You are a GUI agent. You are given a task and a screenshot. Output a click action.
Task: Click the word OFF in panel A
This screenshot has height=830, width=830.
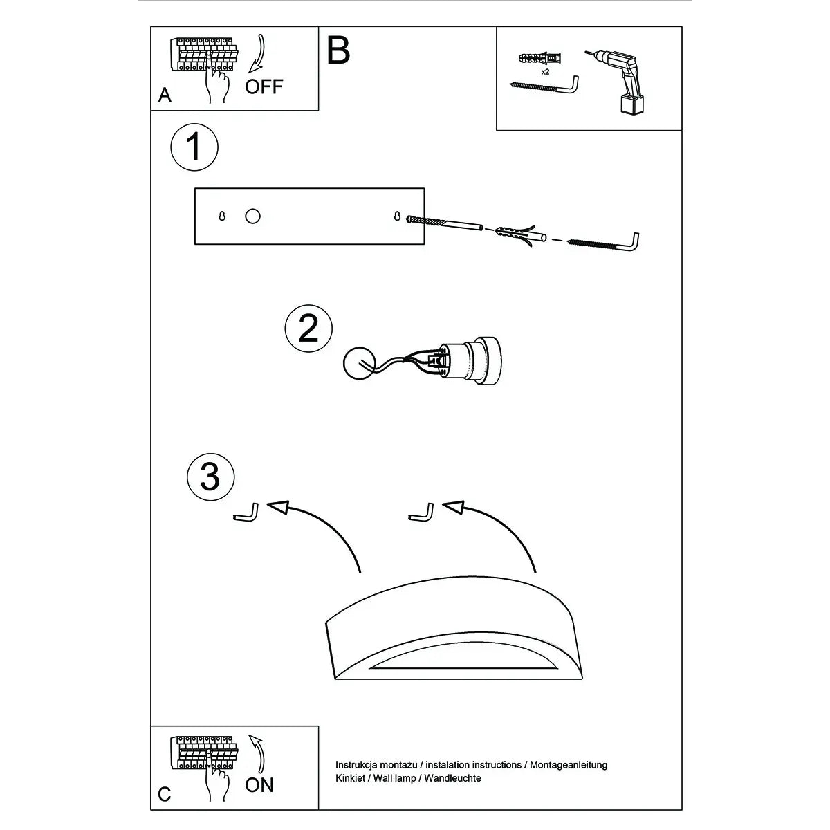(264, 86)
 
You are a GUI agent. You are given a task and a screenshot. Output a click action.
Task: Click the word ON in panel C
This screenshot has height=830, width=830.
(259, 785)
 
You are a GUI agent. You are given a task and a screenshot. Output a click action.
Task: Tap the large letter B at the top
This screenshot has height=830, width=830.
(338, 50)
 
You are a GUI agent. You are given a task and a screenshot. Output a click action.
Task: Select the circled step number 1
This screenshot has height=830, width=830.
(194, 147)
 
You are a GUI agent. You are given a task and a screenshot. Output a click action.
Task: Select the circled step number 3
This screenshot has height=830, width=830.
(210, 477)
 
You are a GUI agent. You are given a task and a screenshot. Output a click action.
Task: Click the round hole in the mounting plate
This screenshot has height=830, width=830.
(253, 216)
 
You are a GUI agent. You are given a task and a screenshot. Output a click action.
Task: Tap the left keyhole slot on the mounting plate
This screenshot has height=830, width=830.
(223, 216)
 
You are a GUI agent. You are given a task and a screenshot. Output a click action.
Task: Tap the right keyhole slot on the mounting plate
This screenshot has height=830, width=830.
(398, 216)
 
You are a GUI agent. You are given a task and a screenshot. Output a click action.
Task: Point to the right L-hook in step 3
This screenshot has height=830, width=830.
(422, 515)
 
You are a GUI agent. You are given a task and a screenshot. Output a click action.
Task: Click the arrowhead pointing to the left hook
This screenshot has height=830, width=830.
(277, 508)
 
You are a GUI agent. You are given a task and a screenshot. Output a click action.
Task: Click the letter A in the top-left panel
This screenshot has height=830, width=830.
(165, 95)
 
